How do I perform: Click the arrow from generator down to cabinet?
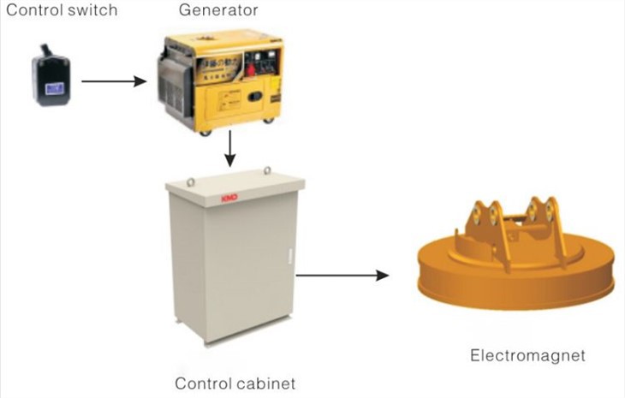click(229, 151)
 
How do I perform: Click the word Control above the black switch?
click(28, 11)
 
